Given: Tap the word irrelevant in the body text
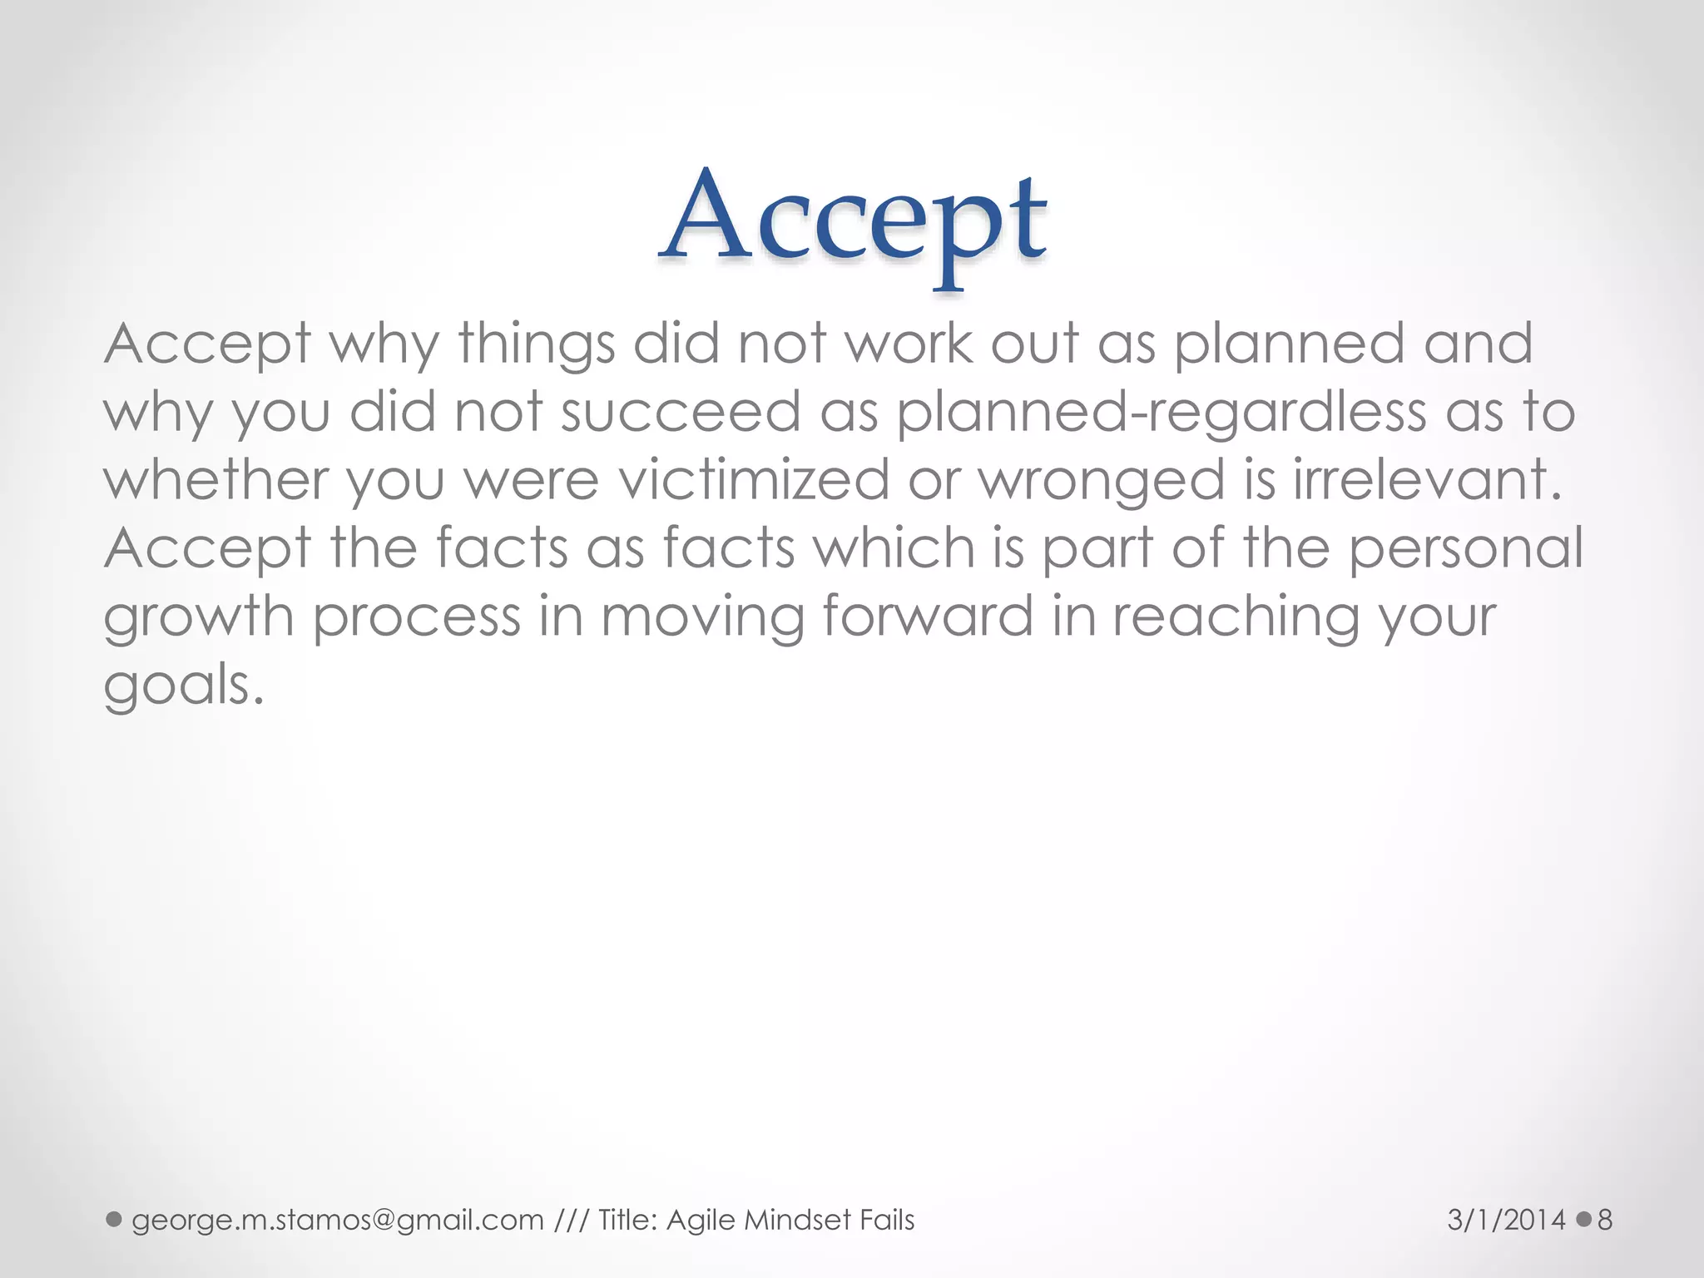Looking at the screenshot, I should coord(1426,480).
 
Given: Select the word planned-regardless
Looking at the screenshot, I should coord(1161,413).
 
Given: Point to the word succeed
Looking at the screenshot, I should coord(680,412).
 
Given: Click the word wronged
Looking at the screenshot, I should coord(1101,482).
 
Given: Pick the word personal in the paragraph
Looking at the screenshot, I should coord(1466,550).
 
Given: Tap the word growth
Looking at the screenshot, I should coord(199,618).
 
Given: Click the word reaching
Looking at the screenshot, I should coord(1236,618).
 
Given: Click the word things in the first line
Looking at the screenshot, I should coord(536,344).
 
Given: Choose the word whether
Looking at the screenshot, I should coord(215,480).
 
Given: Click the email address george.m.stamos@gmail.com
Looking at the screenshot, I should coord(337,1221).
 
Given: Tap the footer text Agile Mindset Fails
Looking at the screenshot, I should coord(790,1221).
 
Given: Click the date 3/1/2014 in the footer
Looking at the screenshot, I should coord(1507,1221).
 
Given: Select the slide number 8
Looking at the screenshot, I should coord(1605,1221).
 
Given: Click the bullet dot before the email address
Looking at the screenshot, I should coord(115,1220).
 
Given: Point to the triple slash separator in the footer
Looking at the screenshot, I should coord(571,1221).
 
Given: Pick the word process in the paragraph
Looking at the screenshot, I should coord(417,618).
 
